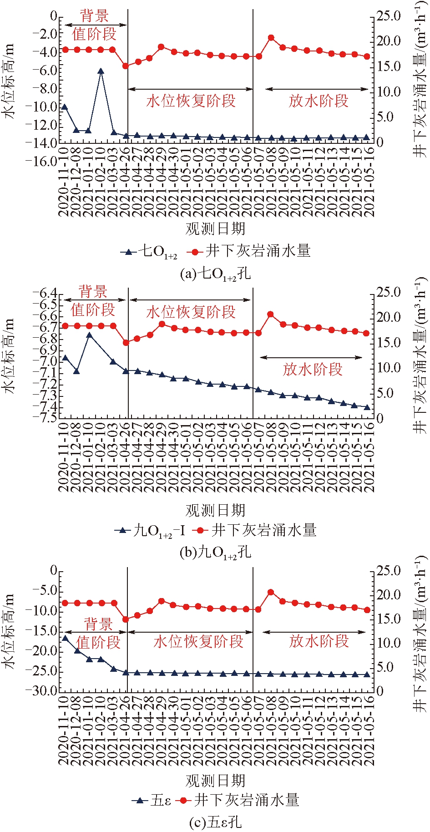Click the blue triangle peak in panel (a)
(x=101, y=71)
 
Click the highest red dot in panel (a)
(x=271, y=38)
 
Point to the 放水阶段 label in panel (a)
(x=318, y=101)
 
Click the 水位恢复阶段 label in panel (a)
(x=191, y=101)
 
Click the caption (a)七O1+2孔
(x=215, y=274)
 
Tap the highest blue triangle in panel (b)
(x=89, y=335)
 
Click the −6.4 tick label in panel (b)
(x=45, y=293)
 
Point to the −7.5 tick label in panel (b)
(x=45, y=417)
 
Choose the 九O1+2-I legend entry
(x=150, y=530)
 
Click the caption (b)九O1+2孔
(x=215, y=553)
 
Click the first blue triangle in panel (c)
(x=65, y=638)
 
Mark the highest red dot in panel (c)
(x=271, y=592)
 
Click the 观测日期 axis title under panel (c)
(x=215, y=781)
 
